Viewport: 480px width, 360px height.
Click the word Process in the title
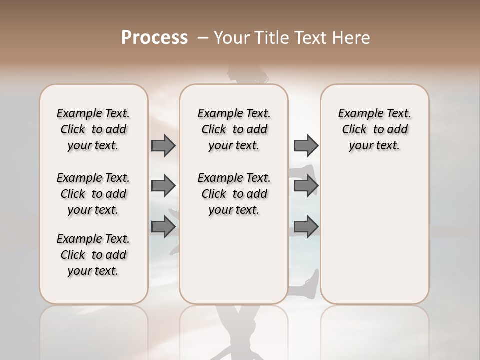tap(154, 38)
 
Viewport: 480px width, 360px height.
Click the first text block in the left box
tap(93, 129)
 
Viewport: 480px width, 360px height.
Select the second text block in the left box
tap(93, 194)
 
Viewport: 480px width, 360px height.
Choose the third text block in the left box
tap(93, 255)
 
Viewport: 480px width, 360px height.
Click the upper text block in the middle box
tap(234, 129)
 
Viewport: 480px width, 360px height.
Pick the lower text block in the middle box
tap(234, 194)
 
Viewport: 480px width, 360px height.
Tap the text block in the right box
tap(374, 129)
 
